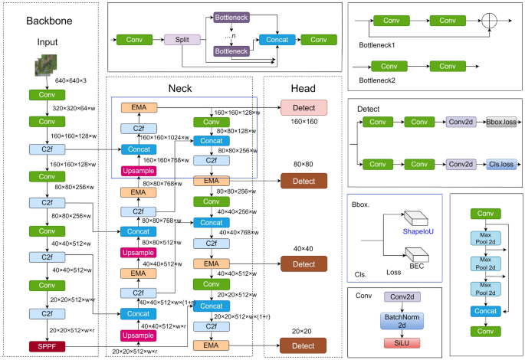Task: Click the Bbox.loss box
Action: [500, 122]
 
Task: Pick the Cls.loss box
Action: [500, 163]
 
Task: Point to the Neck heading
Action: [179, 88]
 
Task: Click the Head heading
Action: [303, 88]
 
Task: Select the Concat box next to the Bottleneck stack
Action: [276, 38]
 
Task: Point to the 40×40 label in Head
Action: [304, 248]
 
